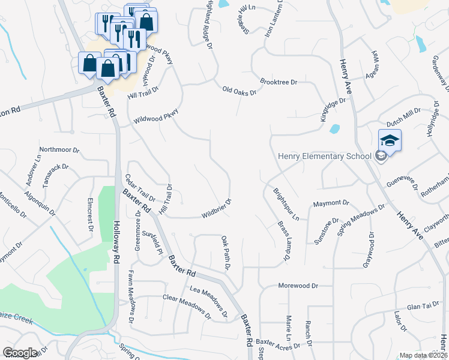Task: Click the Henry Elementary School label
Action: click(x=324, y=157)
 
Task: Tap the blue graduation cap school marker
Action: click(x=390, y=141)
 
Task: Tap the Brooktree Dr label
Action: click(x=279, y=81)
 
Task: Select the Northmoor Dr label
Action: click(x=59, y=149)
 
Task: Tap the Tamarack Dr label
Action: click(x=53, y=172)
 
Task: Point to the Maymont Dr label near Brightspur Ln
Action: click(x=330, y=203)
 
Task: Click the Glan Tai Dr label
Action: click(x=423, y=306)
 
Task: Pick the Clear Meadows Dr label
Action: click(x=188, y=305)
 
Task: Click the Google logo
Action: click(x=20, y=353)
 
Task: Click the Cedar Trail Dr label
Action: click(x=140, y=188)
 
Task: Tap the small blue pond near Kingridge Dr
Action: click(x=334, y=128)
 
